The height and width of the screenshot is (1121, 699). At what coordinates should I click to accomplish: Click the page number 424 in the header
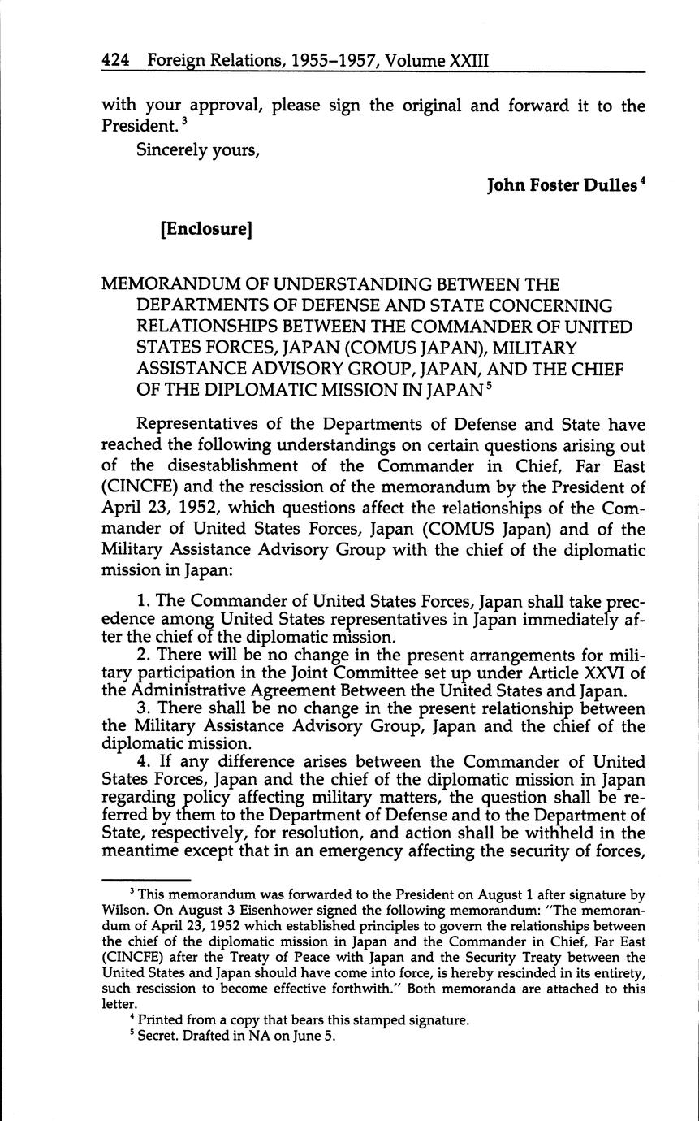(x=116, y=60)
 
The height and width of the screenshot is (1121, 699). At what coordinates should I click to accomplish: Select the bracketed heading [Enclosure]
(x=207, y=229)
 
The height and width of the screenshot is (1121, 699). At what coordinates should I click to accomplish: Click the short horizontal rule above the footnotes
(x=145, y=880)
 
